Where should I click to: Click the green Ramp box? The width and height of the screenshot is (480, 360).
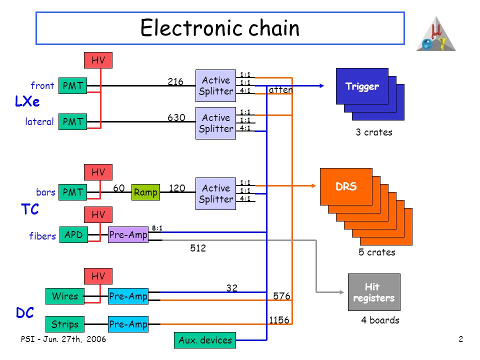click(x=145, y=192)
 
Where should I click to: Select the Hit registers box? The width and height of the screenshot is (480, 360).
click(x=374, y=292)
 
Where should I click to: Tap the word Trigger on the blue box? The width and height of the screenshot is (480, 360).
click(x=362, y=86)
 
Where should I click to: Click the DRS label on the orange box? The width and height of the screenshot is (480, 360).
click(x=346, y=186)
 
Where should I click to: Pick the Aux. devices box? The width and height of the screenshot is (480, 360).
click(x=205, y=340)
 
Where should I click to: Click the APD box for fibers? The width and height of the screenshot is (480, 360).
click(x=74, y=235)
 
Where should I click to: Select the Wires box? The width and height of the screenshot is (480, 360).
click(x=65, y=296)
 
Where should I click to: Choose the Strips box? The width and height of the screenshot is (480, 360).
click(x=65, y=324)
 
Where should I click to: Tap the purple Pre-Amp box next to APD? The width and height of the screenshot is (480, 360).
click(x=128, y=235)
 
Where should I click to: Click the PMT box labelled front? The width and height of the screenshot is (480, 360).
click(x=73, y=85)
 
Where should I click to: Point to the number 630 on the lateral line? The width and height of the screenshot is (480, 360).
click(x=176, y=117)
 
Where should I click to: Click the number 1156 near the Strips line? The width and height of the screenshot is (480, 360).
click(x=279, y=320)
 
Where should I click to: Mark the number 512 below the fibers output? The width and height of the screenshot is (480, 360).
click(x=198, y=248)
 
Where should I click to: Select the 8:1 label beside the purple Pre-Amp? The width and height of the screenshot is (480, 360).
click(x=157, y=228)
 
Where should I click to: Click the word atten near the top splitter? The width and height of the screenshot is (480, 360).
click(x=280, y=89)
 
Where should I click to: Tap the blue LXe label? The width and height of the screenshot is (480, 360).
click(x=27, y=101)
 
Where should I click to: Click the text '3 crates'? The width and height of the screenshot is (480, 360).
click(x=374, y=132)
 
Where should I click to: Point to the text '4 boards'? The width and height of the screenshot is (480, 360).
click(x=380, y=320)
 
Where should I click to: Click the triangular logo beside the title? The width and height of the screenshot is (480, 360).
click(x=436, y=34)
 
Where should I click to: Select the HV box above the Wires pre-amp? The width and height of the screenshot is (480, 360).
click(x=98, y=276)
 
